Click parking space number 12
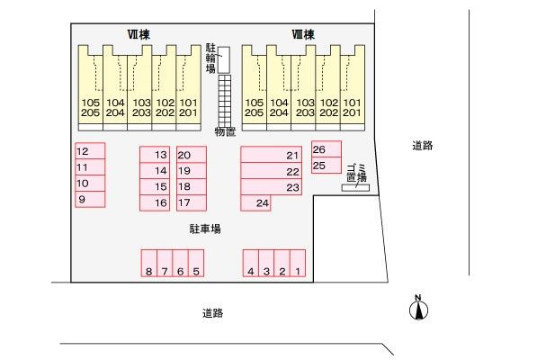tap(90, 151)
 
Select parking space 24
tap(255, 202)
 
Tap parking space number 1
tap(298, 263)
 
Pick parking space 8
tap(149, 263)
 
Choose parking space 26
tap(327, 149)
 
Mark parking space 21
tap(272, 155)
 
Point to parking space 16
tap(155, 202)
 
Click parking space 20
tap(192, 155)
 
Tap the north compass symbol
tap(418, 309)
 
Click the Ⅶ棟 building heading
tap(139, 34)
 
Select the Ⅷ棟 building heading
tap(303, 34)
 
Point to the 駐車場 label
tap(205, 229)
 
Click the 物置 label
tap(225, 132)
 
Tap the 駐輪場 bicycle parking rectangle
tap(224, 60)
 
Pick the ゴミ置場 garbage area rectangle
tap(355, 188)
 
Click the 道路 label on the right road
tap(423, 146)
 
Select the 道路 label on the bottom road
tap(213, 313)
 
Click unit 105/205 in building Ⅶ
tap(91, 88)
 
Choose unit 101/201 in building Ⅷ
tap(353, 88)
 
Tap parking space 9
tap(90, 199)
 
